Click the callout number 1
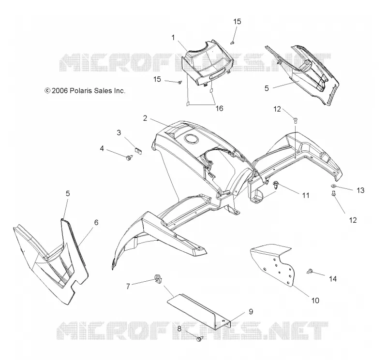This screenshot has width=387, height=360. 173,38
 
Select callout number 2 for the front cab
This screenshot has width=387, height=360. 145,118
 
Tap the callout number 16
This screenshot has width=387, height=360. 220,108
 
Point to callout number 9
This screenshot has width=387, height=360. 251,312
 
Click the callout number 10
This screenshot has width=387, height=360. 315,301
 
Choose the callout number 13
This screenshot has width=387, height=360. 360,190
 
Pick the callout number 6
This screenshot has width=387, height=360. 96,222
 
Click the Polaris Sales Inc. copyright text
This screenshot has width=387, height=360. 85,91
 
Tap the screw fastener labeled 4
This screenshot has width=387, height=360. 129,158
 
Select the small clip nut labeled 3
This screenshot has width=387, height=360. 139,150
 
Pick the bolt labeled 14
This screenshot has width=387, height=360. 310,272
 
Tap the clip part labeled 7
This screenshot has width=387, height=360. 158,279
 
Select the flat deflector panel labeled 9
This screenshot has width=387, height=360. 199,311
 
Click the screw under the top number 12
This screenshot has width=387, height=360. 295,121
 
